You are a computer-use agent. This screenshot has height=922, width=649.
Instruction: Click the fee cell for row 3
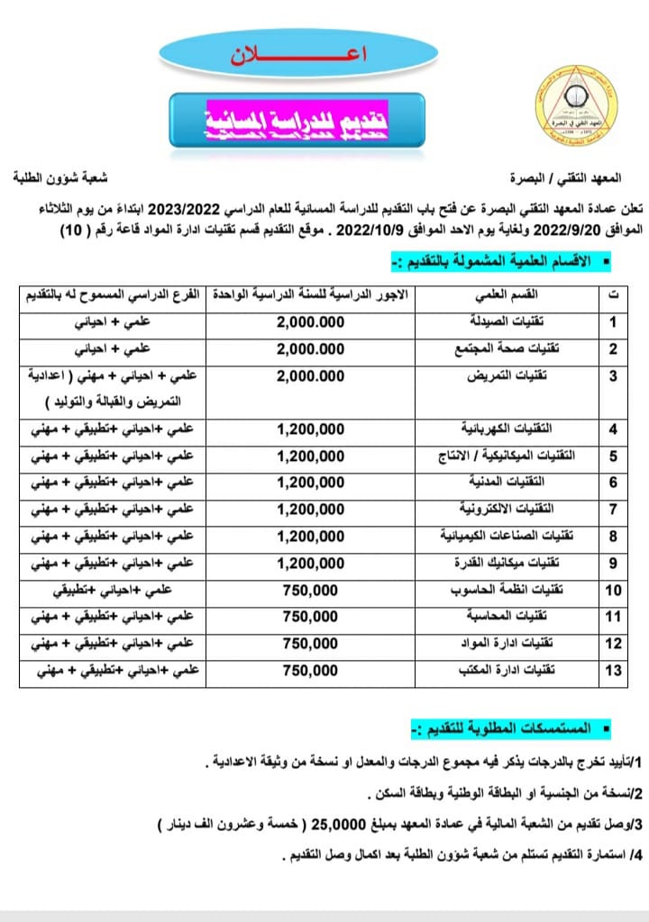tap(311, 376)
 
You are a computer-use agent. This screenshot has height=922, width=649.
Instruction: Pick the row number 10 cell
tap(614, 592)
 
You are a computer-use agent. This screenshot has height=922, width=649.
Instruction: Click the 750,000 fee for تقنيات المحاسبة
tap(310, 617)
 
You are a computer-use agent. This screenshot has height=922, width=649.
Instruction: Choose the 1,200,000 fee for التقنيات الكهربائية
tap(311, 428)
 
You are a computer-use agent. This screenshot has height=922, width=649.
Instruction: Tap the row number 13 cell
tap(614, 670)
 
